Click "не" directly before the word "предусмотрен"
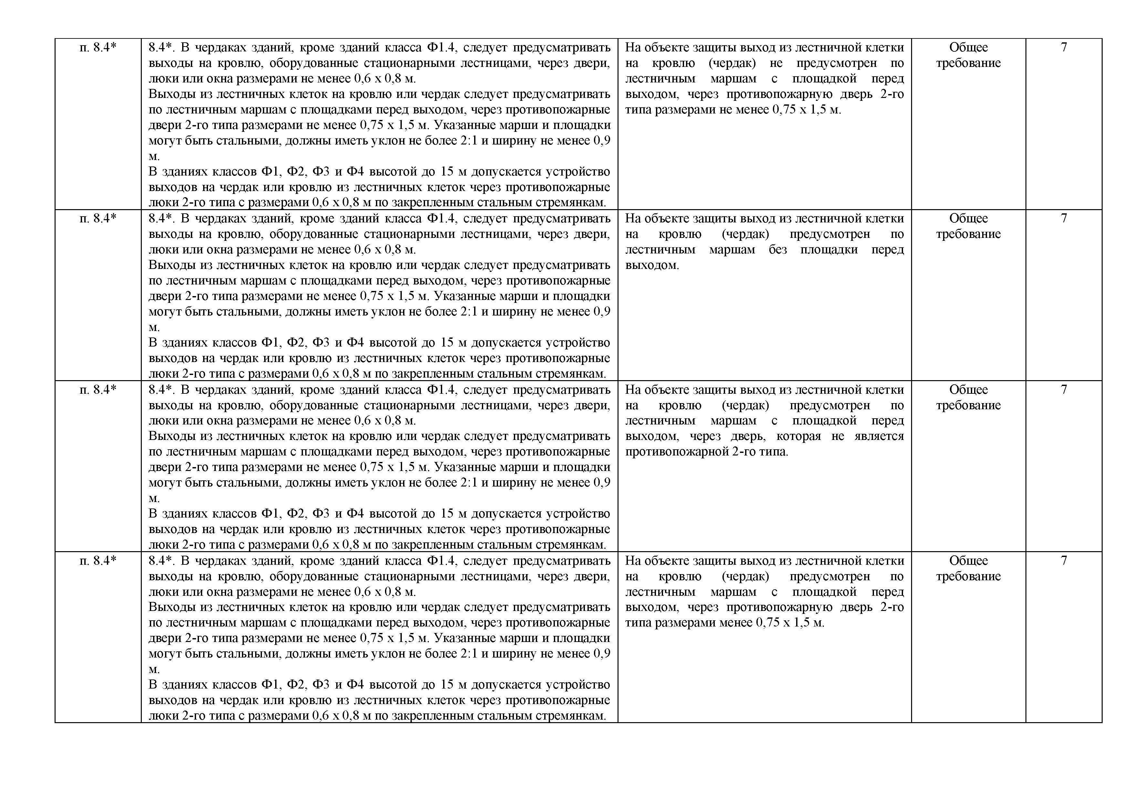point(776,63)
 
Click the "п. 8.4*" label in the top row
point(98,48)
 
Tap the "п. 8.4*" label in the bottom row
point(98,561)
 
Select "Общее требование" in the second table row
point(968,226)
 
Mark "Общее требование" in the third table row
point(968,398)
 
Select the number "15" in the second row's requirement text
point(447,343)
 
